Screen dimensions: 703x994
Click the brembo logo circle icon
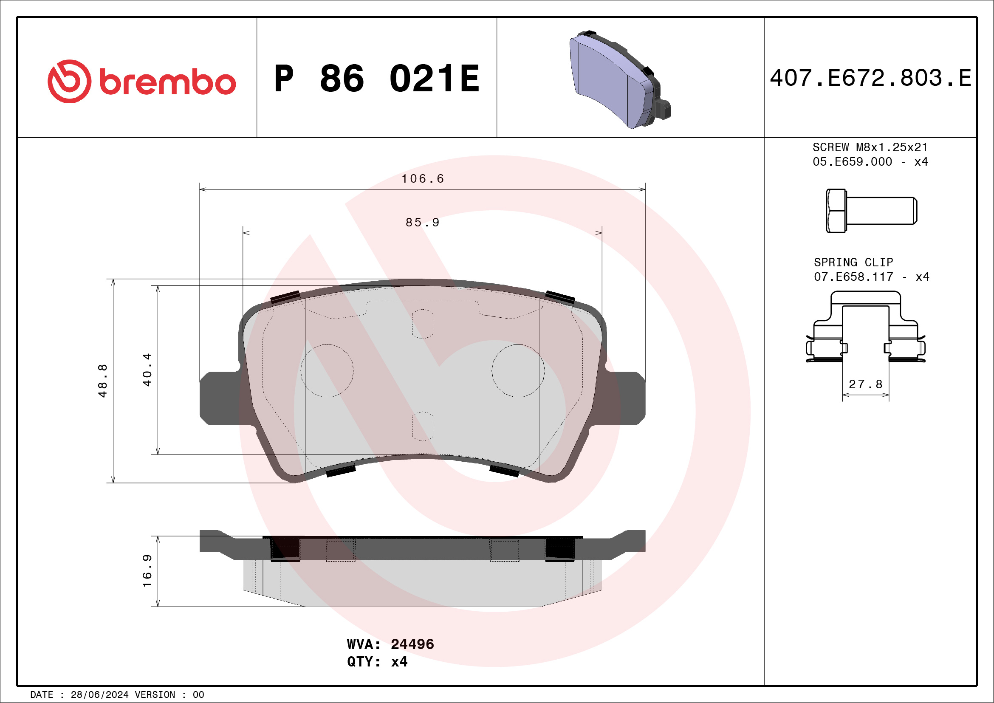[x=69, y=82]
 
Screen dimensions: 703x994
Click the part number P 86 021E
[x=377, y=79]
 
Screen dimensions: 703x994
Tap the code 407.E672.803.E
[x=870, y=78]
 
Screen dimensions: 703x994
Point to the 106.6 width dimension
[x=423, y=179]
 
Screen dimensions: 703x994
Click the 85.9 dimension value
[x=423, y=223]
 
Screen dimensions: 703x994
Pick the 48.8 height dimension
[x=103, y=381]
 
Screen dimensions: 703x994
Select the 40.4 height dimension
[x=148, y=370]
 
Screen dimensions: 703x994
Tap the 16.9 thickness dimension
[x=148, y=571]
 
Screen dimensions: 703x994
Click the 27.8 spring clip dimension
[x=865, y=384]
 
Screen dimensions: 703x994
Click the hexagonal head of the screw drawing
[x=836, y=211]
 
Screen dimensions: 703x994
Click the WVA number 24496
[x=412, y=644]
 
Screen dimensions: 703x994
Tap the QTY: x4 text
[x=377, y=662]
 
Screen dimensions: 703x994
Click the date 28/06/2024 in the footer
[x=99, y=695]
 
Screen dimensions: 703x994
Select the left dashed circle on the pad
[x=327, y=371]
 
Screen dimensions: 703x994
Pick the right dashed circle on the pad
[x=518, y=371]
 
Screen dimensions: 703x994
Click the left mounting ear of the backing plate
[x=219, y=398]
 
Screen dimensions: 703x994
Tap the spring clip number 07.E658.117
[x=853, y=277]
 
